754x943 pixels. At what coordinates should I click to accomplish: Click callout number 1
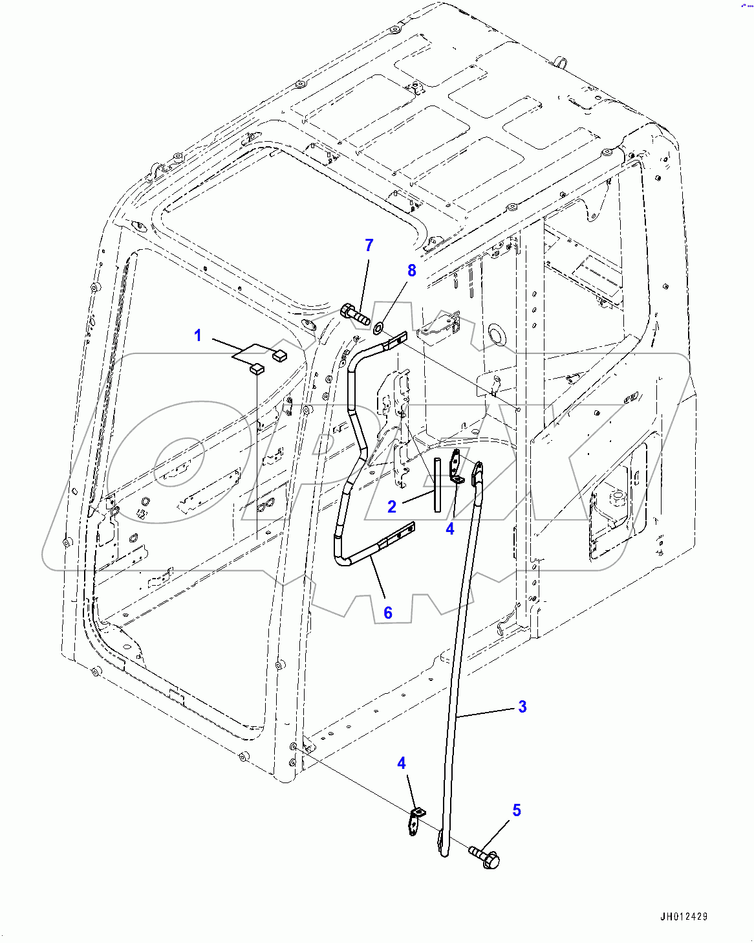point(198,335)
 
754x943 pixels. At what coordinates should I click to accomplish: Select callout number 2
point(392,507)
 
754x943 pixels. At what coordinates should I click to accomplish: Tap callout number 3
point(522,707)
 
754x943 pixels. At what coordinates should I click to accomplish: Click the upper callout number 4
point(450,529)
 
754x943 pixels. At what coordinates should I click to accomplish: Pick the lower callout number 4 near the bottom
point(402,763)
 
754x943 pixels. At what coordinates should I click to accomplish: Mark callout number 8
point(412,271)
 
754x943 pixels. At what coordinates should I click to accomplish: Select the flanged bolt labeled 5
point(486,856)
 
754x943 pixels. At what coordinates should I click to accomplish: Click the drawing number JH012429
point(684,916)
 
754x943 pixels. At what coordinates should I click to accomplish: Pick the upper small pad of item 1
point(280,354)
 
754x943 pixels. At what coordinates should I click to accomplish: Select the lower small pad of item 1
point(257,370)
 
